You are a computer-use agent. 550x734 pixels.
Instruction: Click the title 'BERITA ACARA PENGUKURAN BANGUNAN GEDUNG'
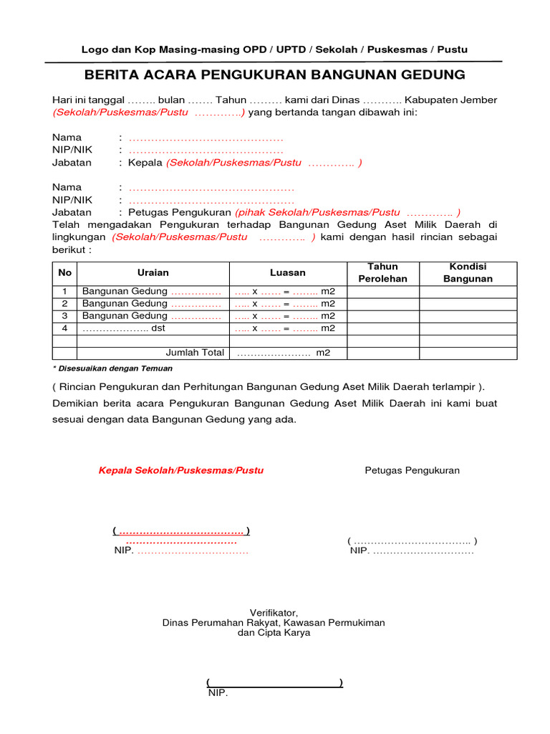coord(274,75)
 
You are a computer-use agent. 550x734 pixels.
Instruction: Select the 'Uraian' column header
coord(153,272)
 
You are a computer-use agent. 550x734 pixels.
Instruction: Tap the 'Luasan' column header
coord(288,272)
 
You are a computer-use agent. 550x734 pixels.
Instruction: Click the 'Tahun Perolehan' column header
coord(382,272)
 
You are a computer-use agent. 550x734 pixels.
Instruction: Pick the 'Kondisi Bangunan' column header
coord(468,272)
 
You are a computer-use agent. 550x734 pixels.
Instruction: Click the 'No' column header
coord(65,272)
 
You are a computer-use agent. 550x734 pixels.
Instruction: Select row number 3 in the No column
coord(65,315)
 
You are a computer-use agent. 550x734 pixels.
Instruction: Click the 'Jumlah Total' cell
coord(195,353)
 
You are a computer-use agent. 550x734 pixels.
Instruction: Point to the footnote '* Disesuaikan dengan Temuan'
coord(112,368)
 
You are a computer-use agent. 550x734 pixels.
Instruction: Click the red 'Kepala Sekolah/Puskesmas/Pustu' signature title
coord(180,470)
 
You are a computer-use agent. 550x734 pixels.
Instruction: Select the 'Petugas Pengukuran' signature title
coord(412,470)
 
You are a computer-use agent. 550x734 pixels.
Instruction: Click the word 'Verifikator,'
coord(274,612)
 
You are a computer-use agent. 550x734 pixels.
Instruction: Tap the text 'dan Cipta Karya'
coord(274,634)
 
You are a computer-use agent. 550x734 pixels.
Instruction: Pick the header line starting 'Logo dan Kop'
coord(274,49)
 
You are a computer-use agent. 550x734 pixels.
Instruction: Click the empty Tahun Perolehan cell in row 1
coord(382,292)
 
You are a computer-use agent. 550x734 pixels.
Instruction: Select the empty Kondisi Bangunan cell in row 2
coord(468,304)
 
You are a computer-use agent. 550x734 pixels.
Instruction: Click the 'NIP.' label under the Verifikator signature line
coord(218,693)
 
